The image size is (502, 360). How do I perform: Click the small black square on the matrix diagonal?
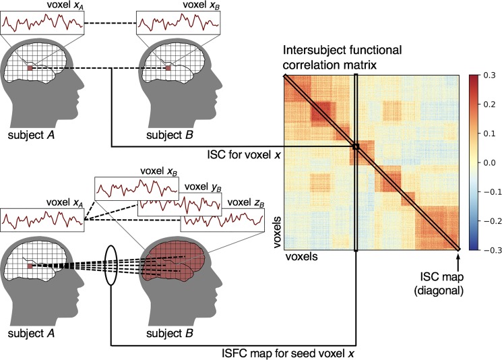(x=355, y=146)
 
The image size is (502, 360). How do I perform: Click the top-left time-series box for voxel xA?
(x=42, y=22)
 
